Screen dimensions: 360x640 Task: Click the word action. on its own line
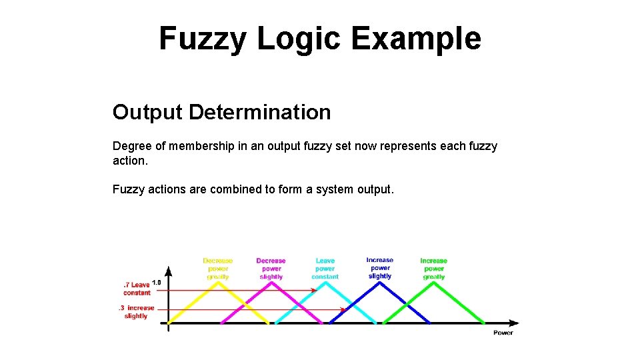129,161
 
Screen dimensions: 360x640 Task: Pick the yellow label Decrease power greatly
218,269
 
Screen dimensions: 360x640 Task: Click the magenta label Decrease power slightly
271,269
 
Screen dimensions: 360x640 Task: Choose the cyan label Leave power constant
325,269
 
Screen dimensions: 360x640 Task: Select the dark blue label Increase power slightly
380,268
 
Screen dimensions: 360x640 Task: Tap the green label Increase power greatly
434,269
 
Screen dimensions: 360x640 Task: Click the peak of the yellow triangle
217,282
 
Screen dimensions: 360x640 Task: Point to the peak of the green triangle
434,282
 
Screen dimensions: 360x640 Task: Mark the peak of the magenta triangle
271,282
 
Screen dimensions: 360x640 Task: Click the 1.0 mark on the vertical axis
157,282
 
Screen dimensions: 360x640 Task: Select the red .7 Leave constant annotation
137,289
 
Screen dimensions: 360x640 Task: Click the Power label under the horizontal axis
503,332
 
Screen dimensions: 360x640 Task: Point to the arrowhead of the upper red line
313,290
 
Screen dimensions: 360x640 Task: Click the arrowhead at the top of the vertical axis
168,271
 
